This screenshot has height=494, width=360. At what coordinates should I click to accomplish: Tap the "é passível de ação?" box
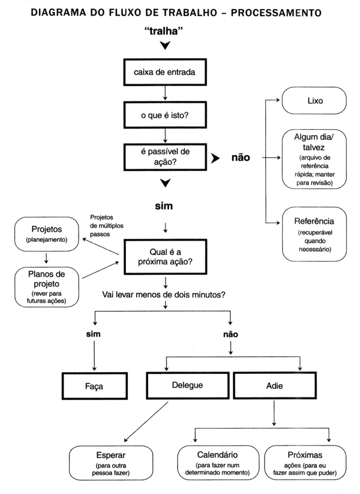(x=164, y=158)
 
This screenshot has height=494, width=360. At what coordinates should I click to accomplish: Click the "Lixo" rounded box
(x=314, y=101)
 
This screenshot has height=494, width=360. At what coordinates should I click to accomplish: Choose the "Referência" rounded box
(x=314, y=233)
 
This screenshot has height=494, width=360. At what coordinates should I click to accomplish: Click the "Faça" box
(x=94, y=386)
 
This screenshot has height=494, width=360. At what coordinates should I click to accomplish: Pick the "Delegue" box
(x=188, y=385)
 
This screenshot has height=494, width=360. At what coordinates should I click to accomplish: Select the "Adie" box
(x=274, y=385)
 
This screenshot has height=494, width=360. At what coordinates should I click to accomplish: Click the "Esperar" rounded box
(x=109, y=462)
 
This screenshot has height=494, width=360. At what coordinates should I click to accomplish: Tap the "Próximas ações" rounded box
(x=305, y=462)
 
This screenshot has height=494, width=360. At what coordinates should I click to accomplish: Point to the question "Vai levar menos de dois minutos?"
(x=164, y=295)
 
